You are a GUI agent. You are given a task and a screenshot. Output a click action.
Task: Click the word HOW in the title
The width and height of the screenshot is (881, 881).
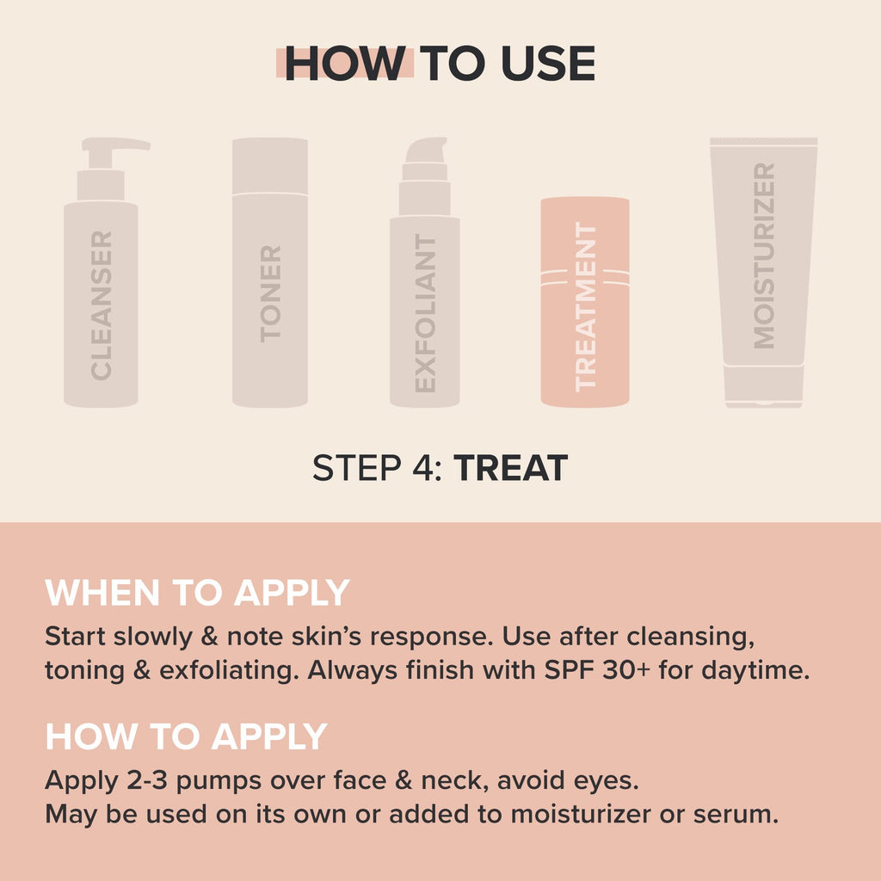pyautogui.click(x=345, y=63)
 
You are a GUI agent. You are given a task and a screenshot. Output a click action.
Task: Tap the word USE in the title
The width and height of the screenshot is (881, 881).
pyautogui.click(x=548, y=63)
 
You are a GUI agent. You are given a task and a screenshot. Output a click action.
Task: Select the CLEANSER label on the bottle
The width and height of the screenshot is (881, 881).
pyautogui.click(x=102, y=305)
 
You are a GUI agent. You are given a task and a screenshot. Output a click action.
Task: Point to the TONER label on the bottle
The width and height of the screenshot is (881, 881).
pyautogui.click(x=270, y=293)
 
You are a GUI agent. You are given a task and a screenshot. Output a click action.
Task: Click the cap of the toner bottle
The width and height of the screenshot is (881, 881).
pyautogui.click(x=269, y=166)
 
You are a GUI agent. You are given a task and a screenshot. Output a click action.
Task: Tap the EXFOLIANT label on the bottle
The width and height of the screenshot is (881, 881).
pyautogui.click(x=425, y=313)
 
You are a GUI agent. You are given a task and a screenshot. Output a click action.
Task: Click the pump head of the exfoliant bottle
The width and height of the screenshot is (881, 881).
pyautogui.click(x=426, y=150)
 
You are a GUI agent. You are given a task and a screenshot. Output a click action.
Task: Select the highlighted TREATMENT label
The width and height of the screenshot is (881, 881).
pyautogui.click(x=585, y=307)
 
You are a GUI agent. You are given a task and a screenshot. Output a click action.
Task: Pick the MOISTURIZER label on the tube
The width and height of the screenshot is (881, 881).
pyautogui.click(x=764, y=256)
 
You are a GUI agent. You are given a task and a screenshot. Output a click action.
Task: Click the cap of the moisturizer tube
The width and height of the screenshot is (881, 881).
pyautogui.click(x=764, y=385)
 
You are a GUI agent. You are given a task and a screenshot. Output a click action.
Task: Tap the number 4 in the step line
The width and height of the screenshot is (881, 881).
pyautogui.click(x=422, y=467)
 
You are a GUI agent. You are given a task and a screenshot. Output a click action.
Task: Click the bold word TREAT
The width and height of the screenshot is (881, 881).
pyautogui.click(x=511, y=467)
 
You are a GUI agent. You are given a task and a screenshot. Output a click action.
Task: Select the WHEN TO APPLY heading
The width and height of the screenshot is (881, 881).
pyautogui.click(x=197, y=592)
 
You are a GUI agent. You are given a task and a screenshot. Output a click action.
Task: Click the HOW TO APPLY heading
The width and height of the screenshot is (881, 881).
pyautogui.click(x=186, y=736)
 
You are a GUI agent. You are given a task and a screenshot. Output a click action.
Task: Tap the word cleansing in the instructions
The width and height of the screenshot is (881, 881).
pyautogui.click(x=691, y=638)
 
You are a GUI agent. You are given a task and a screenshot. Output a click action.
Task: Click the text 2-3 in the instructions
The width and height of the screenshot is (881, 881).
pyautogui.click(x=147, y=780)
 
